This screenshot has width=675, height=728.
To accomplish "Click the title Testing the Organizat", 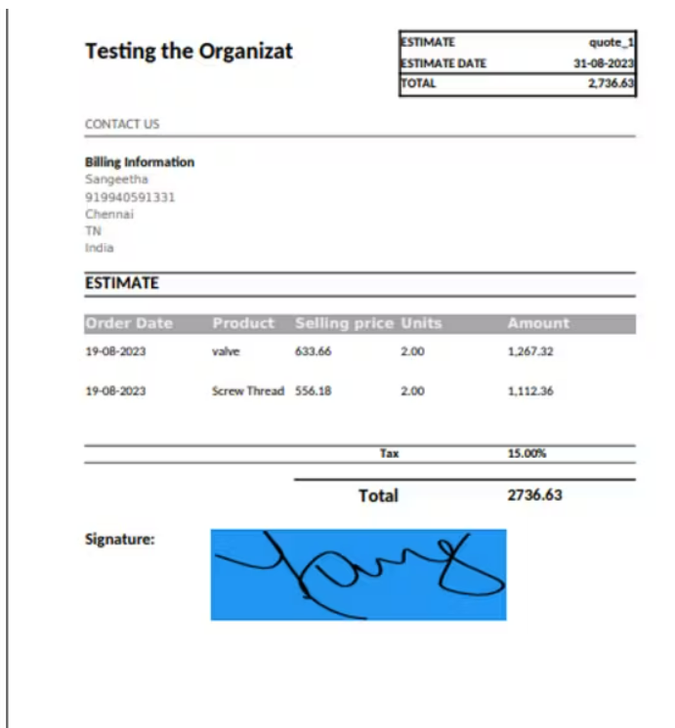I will point(189,52).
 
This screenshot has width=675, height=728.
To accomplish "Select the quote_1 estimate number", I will point(612,43).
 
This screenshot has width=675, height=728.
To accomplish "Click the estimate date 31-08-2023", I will point(604,63).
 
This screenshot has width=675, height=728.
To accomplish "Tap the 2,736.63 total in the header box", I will point(611,84).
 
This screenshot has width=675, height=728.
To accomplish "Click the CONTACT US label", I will point(122,124).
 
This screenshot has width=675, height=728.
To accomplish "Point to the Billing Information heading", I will point(140,162).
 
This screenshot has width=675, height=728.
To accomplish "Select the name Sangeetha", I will point(116,180).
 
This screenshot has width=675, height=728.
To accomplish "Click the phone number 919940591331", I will point(130,197).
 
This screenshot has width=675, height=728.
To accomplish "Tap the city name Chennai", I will point(109,214).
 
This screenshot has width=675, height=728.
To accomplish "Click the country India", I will point(100,248).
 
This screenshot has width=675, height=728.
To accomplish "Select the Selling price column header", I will point(344,323).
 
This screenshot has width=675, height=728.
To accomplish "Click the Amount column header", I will point(537,323).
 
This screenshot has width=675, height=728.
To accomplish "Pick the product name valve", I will point(226,351).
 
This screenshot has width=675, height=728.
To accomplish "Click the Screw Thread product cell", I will point(248,391).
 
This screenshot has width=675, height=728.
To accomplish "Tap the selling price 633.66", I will point(313,351).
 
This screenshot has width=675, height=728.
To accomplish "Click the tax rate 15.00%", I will point(527,454).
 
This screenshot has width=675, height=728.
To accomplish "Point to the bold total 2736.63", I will point(534,495).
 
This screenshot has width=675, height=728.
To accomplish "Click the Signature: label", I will point(120,538).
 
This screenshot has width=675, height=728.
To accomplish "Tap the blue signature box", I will point(358,575).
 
